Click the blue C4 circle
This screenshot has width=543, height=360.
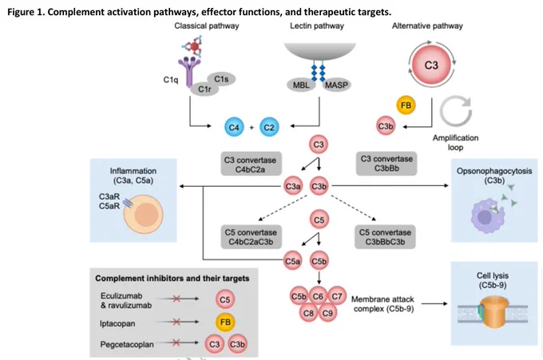point(234,128)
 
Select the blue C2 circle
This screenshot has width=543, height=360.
point(269,128)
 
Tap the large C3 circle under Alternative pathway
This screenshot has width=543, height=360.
point(431,65)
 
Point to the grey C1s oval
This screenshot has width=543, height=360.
point(221,79)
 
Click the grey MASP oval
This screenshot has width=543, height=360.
point(336,85)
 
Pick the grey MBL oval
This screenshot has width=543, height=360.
point(301,85)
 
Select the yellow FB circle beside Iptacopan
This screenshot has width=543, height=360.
point(225,322)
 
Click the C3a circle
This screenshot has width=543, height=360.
point(292,186)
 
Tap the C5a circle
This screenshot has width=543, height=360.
point(292,261)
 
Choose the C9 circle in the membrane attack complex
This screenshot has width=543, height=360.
point(327,313)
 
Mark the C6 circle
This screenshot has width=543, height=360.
point(318,296)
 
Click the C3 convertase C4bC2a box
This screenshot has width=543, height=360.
point(251,164)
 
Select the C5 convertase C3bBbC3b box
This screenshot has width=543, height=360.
point(385,237)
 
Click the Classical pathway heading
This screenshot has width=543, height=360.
point(207,26)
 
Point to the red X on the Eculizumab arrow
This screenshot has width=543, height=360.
point(176,299)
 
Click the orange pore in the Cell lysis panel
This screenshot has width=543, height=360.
point(493,313)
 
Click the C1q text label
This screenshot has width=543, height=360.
point(171,80)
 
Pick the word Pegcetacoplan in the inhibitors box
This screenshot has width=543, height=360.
point(127,344)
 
